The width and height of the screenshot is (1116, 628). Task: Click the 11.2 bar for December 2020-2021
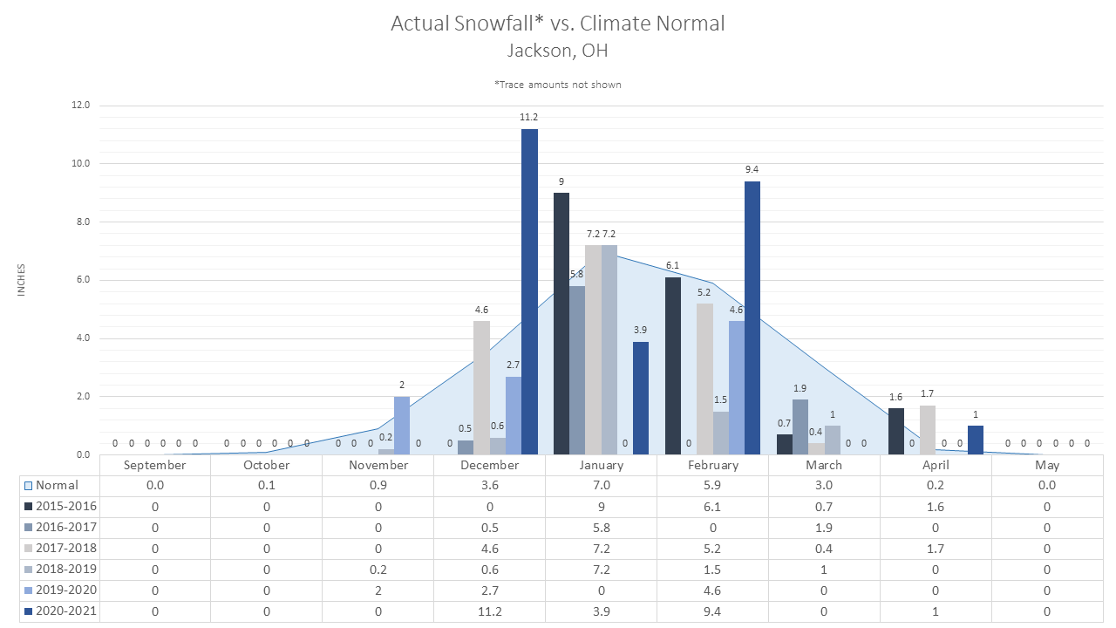pos(529,291)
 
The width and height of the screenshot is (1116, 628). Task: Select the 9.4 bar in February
pos(752,318)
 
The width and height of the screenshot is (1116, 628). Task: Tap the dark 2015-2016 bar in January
pos(561,324)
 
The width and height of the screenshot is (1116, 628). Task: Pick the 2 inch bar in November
pos(402,426)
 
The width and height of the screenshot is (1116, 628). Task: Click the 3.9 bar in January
pos(641,399)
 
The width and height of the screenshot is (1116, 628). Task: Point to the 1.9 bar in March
pos(800,427)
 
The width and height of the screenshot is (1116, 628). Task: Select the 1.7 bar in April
pos(928,430)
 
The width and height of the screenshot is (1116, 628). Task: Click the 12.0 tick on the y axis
pos(81,106)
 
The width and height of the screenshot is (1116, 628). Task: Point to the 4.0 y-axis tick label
pos(83,338)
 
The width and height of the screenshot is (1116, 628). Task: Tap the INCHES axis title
pos(21,280)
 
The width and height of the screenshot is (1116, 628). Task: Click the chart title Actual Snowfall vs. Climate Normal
pos(557,24)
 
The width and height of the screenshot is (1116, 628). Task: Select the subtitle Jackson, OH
pos(557,51)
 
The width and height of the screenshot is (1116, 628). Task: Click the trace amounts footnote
pos(557,85)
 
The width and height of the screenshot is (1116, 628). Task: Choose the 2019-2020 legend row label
pos(66,590)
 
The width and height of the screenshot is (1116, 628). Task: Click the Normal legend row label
pos(57,486)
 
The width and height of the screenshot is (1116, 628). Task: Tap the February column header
pos(713,466)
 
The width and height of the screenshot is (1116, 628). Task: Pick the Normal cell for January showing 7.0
pos(602,486)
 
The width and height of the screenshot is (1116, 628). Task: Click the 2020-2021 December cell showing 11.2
pos(490,611)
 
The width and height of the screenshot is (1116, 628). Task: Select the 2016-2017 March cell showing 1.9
pos(824,528)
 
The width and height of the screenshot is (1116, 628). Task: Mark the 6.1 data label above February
pos(672,266)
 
